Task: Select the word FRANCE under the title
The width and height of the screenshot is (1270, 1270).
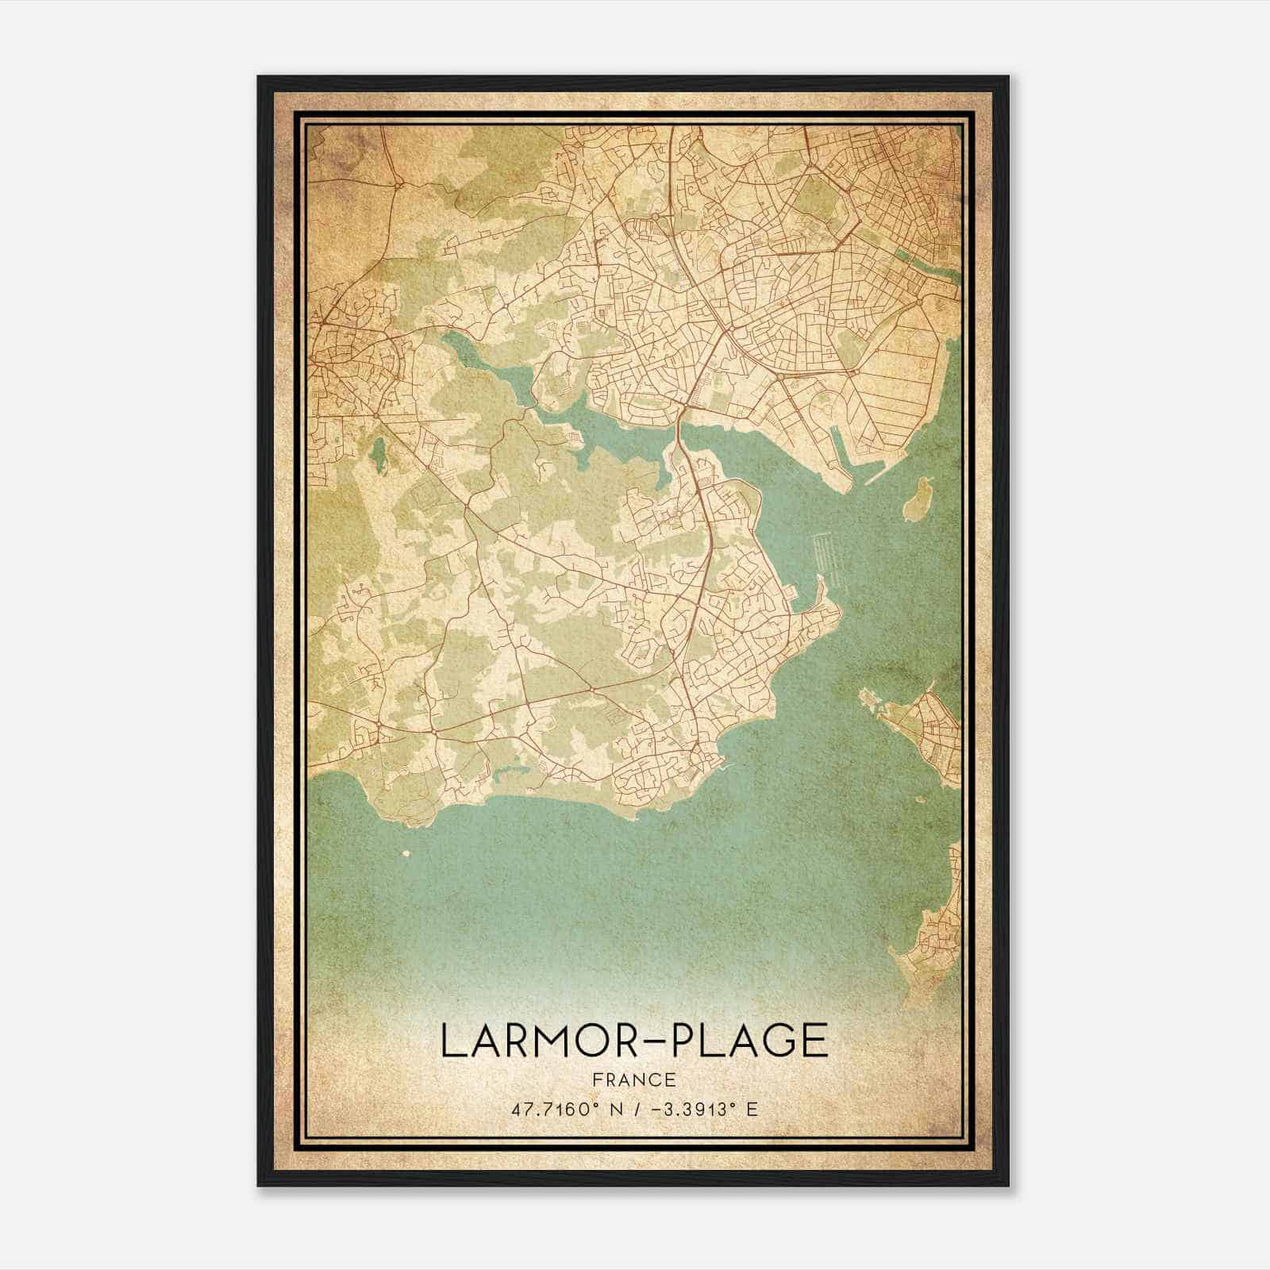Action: (x=633, y=1079)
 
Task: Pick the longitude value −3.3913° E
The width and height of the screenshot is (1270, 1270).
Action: (x=702, y=1108)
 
